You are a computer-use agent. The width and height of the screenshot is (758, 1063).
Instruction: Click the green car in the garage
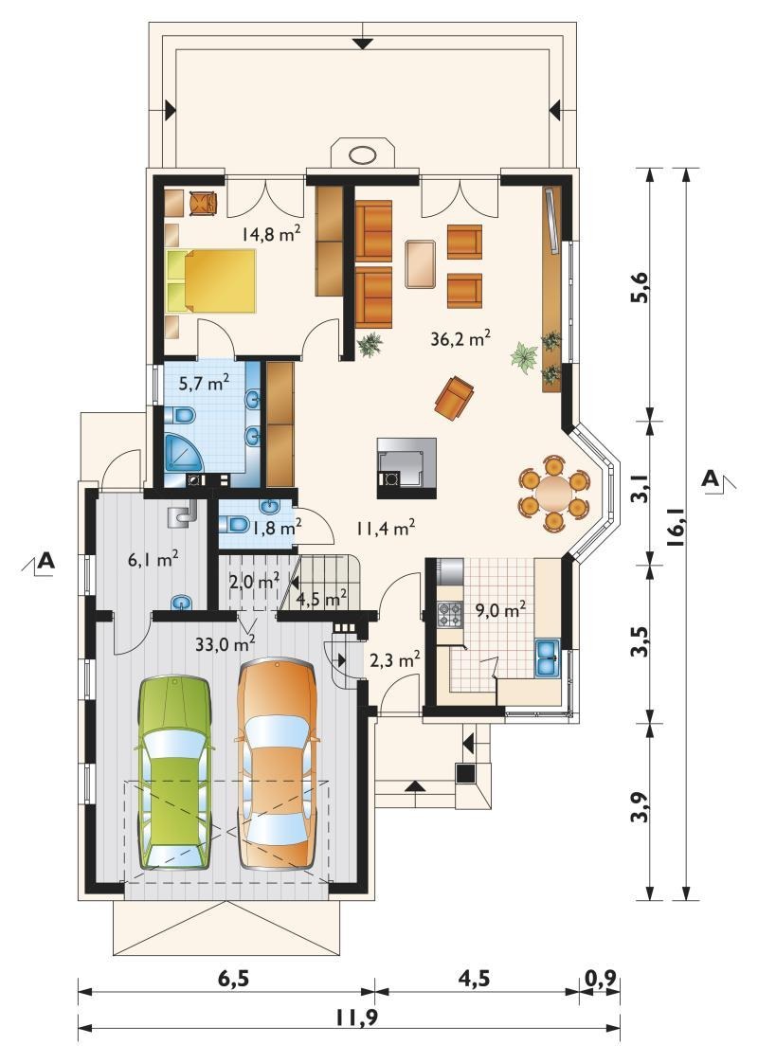tap(175, 773)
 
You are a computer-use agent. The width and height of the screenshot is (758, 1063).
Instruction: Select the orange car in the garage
tap(278, 765)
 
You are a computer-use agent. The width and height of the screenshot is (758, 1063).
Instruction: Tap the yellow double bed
tap(211, 281)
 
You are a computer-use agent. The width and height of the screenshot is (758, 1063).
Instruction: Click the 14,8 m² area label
tap(272, 234)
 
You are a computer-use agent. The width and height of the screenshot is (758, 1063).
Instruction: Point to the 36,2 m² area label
tap(461, 337)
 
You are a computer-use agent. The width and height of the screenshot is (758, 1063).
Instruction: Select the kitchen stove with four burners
tap(450, 614)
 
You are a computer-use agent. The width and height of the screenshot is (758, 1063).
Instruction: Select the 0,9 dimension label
tap(600, 979)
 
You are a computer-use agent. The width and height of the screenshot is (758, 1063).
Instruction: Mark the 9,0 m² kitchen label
tap(500, 611)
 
